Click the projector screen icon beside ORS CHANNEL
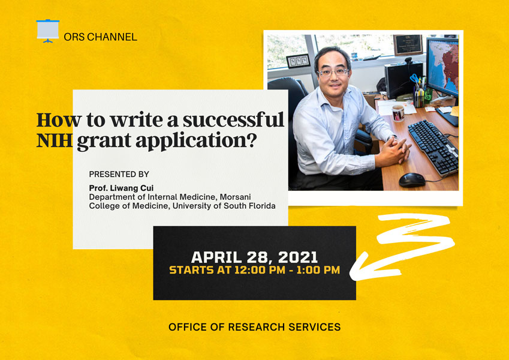(x=48, y=31)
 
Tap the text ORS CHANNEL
(x=100, y=37)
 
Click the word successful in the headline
(x=233, y=119)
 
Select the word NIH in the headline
(x=54, y=140)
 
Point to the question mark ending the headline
(x=252, y=140)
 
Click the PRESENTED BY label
(x=119, y=174)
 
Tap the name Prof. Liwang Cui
(x=121, y=188)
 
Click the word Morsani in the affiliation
(x=236, y=197)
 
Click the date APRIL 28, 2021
(x=254, y=257)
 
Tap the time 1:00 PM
(x=318, y=270)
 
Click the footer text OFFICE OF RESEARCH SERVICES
(x=254, y=327)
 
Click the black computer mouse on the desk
(x=412, y=179)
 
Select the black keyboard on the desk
(x=433, y=147)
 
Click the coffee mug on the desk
(x=398, y=113)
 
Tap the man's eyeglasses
(x=333, y=72)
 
